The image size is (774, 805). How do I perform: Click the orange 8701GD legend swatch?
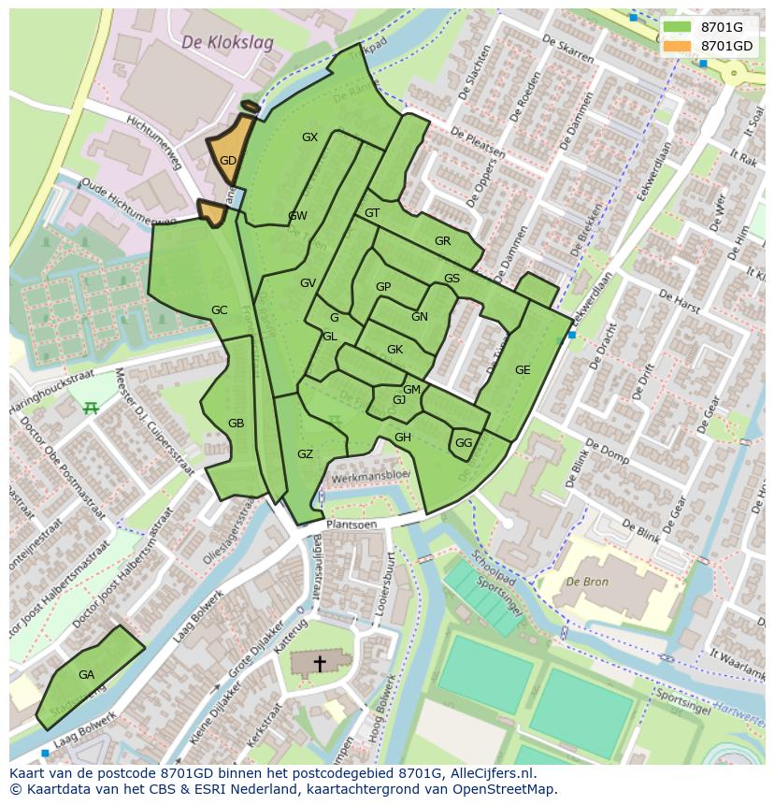[677, 46]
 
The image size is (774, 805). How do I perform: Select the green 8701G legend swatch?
[677, 27]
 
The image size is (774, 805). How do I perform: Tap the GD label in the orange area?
[228, 161]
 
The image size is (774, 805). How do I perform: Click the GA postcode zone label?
[86, 675]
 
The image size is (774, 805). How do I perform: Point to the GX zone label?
[309, 137]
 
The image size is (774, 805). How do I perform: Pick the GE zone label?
[523, 370]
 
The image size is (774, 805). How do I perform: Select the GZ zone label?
[305, 454]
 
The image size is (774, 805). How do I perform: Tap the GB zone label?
[236, 424]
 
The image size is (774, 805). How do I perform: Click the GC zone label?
[219, 310]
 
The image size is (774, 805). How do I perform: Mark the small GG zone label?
[464, 443]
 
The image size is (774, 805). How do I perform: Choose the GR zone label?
[442, 241]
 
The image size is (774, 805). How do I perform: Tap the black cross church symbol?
[320, 663]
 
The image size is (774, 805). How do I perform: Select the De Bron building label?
[586, 582]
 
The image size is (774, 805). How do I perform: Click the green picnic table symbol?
[91, 408]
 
